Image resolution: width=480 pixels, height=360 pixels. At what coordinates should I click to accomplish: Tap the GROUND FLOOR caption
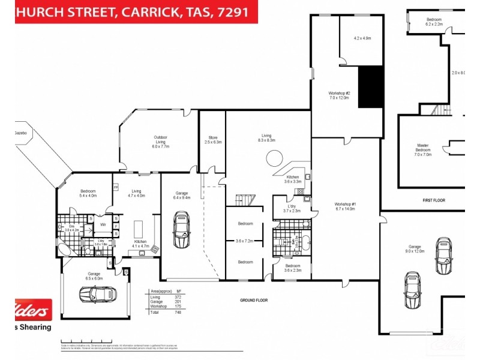pyautogui.click(x=254, y=299)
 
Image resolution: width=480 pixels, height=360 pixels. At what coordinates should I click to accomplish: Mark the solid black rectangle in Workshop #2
pyautogui.click(x=370, y=87)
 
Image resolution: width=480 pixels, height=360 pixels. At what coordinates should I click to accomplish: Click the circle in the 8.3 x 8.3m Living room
pyautogui.click(x=275, y=158)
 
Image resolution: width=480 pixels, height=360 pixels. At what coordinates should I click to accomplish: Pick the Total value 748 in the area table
pyautogui.click(x=178, y=313)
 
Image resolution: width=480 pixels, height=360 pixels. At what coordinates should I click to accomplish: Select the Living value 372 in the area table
pyautogui.click(x=178, y=296)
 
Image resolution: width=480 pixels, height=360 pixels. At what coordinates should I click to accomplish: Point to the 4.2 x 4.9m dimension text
pyautogui.click(x=362, y=38)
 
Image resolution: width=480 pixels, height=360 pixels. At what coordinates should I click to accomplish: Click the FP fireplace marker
pyautogui.click(x=116, y=187)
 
